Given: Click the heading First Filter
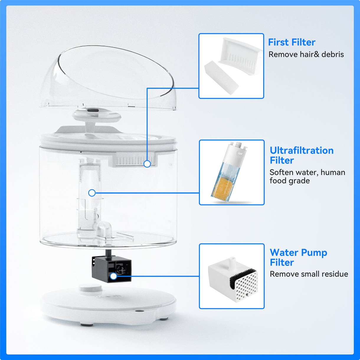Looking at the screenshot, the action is click(292, 42).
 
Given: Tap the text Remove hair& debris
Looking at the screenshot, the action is click(306, 55).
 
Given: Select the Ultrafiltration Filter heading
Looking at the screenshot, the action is click(302, 155).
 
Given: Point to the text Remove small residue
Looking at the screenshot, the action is click(309, 274).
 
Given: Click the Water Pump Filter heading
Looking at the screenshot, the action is click(298, 257).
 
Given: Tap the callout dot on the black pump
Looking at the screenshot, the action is click(113, 276).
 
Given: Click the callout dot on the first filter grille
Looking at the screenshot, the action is click(147, 164).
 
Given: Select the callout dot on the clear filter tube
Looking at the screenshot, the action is click(92, 193).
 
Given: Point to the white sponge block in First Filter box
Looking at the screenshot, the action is click(221, 77).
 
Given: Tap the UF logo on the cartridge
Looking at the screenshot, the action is click(240, 154).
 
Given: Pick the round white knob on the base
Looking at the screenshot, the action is click(90, 288).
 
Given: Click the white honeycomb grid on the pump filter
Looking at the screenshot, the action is click(247, 286).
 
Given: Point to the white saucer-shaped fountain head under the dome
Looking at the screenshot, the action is click(96, 115).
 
